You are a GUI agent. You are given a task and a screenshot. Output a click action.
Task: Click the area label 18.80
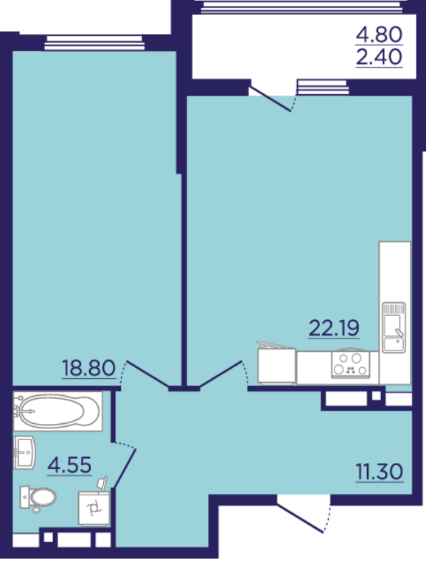coord(88,368)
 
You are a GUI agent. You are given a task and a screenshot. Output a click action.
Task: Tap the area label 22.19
coord(334,328)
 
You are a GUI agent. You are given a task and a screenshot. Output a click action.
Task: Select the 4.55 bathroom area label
coord(70,465)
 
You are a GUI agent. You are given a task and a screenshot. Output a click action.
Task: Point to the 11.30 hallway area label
coord(380,472)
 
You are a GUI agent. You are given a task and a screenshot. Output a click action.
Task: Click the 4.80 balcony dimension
coord(379,35)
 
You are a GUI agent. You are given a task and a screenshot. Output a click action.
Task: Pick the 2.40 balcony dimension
coord(379,57)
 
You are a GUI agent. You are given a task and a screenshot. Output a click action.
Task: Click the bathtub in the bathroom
coord(58,411)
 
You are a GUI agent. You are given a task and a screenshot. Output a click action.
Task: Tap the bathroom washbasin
coord(24,453)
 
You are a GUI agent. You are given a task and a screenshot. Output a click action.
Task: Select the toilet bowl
coord(38,498)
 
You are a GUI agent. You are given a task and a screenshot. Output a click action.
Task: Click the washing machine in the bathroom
coord(94,507)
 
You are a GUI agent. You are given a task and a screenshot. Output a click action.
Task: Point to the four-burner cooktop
coord(351,364)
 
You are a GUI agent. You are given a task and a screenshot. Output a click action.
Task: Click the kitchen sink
coord(394,327)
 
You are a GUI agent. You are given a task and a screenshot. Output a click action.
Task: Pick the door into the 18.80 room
coord(147,375)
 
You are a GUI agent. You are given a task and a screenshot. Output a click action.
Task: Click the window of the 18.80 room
coord(95,43)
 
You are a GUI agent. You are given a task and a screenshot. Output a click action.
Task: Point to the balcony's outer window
coord(302,7)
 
